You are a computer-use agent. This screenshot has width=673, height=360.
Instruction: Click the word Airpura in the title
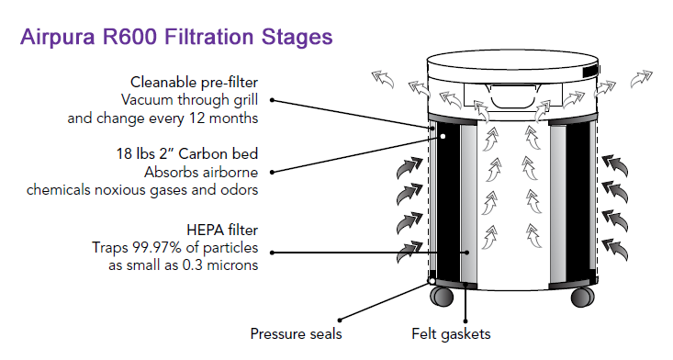[58, 37]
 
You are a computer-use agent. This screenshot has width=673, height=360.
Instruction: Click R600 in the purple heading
[129, 37]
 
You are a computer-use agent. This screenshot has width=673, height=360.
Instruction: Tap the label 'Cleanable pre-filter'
[194, 82]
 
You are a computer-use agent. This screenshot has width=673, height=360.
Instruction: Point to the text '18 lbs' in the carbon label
[130, 153]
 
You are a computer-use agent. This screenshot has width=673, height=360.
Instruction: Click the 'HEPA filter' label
[222, 230]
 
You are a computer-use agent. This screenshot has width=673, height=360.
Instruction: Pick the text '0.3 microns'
[220, 265]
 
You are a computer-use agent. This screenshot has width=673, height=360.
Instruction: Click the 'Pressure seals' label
[297, 333]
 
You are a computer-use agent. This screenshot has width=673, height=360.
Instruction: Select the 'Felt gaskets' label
[451, 333]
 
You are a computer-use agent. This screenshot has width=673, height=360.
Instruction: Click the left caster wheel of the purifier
[442, 296]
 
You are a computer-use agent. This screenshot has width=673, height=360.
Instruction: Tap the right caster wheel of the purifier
[582, 297]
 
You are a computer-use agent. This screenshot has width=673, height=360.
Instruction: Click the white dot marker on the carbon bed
[443, 136]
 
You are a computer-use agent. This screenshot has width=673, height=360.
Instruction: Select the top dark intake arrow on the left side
[409, 167]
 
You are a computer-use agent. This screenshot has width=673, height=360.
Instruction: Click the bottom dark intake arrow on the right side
[615, 250]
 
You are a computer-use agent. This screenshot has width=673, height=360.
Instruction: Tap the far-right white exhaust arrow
[641, 79]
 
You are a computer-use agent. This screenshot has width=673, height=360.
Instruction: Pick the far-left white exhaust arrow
[383, 79]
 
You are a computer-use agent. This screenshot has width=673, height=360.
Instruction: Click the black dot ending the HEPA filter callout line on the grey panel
[468, 253]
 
